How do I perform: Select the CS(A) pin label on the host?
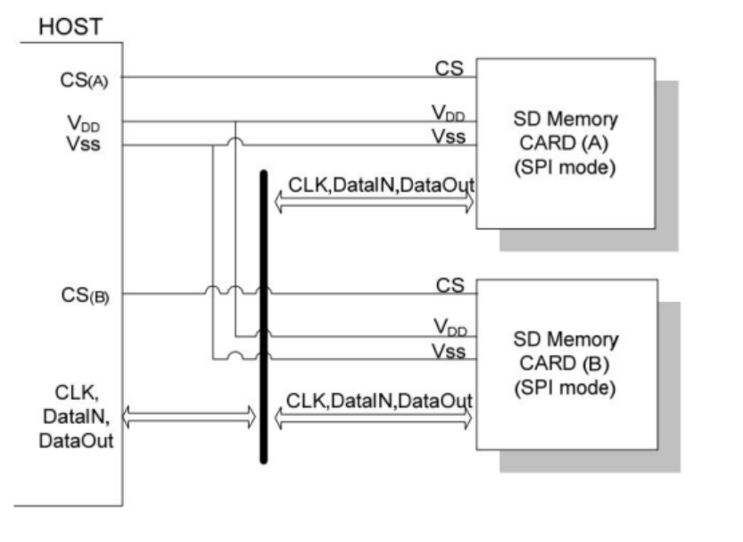click(x=78, y=79)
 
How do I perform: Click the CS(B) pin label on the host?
click(x=78, y=296)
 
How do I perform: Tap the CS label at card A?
click(x=450, y=69)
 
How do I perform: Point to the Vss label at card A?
click(x=449, y=137)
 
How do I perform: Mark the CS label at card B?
click(x=450, y=285)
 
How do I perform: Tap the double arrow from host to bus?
click(x=188, y=415)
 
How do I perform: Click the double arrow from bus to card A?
click(x=375, y=204)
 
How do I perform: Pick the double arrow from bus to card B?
click(x=375, y=417)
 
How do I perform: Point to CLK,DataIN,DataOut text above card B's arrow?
click(x=380, y=399)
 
